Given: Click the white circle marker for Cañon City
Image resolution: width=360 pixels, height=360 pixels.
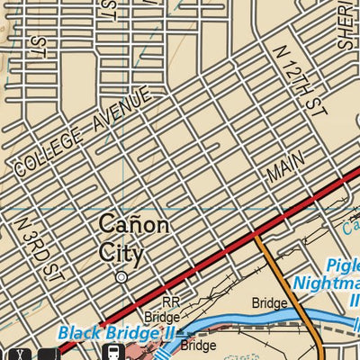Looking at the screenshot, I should pos(121,278).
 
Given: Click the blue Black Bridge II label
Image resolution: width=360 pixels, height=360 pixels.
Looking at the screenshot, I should pos(116,332).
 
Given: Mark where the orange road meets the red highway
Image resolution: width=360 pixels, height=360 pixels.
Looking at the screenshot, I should pos(256,236).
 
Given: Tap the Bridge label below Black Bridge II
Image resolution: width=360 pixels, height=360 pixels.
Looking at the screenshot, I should pos(198,345).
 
